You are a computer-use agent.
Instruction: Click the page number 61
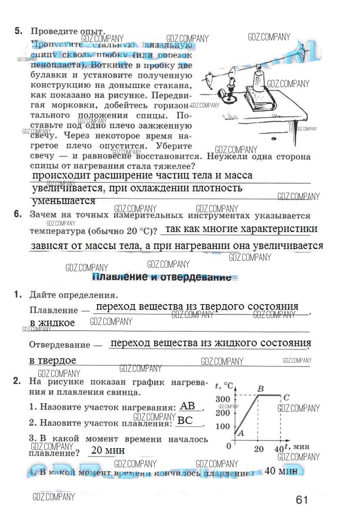click(301, 500)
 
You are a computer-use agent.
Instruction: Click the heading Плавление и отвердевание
click(162, 277)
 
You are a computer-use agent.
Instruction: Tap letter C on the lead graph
click(287, 397)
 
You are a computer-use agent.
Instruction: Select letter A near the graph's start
click(241, 433)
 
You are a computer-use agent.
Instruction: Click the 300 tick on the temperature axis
click(223, 399)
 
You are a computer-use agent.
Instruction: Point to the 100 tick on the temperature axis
click(223, 426)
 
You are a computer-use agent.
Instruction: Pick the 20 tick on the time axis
click(258, 449)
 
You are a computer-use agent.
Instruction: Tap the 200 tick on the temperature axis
click(223, 413)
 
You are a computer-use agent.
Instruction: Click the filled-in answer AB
click(188, 406)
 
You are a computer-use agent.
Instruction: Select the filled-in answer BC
click(186, 420)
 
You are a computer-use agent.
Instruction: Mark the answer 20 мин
click(108, 450)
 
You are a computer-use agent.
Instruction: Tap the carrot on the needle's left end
click(210, 79)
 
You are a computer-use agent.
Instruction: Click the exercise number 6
click(18, 214)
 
